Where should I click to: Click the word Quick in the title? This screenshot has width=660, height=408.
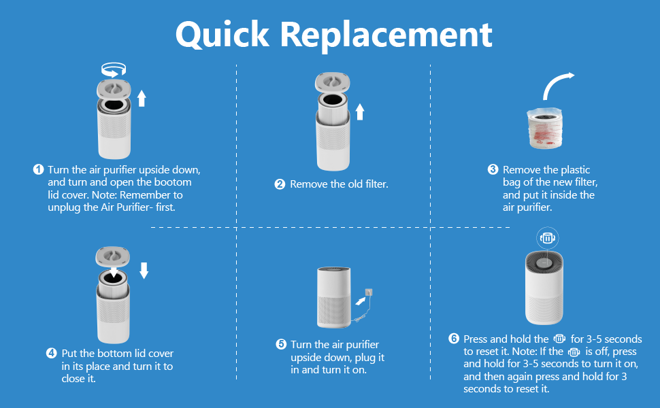coord(222,34)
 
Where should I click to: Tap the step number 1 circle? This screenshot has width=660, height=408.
coord(38,169)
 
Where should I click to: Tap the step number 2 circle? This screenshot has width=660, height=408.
coord(280,184)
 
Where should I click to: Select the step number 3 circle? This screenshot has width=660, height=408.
coord(493,169)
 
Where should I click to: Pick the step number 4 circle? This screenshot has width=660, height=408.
coord(52,354)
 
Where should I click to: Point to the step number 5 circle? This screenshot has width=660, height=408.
coord(281,345)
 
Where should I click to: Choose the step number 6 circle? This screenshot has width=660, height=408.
coord(454,339)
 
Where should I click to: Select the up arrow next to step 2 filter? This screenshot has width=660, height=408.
coord(360,111)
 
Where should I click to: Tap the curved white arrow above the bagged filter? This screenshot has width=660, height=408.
coord(557,84)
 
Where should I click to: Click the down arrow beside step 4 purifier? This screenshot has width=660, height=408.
coord(144,271)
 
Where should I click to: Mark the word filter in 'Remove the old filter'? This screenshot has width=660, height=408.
coord(374,184)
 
